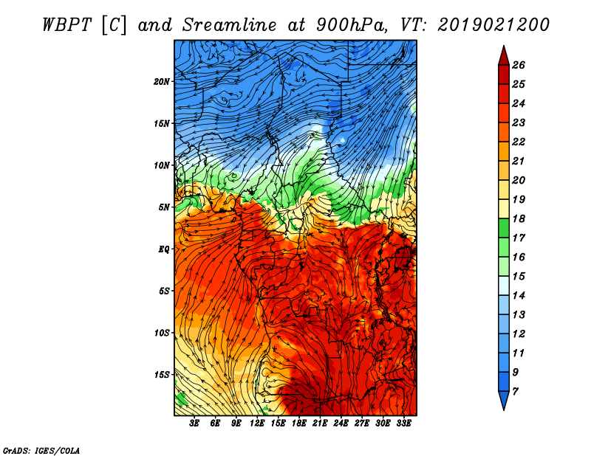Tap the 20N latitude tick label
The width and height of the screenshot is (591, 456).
point(162,81)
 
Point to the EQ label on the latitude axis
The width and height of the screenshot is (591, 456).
point(164,249)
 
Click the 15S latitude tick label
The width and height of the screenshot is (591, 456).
point(162,374)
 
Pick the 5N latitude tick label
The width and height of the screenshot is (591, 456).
point(164,207)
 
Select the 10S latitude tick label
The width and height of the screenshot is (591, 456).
point(162,333)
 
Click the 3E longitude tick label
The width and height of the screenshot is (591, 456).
point(195,424)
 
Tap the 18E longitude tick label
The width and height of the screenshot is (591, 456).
point(299,424)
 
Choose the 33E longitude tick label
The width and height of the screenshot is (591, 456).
point(403,424)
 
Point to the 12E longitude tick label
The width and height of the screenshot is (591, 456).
point(257,424)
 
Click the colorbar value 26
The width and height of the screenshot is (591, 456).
point(518,65)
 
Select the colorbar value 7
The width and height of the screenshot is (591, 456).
point(515,391)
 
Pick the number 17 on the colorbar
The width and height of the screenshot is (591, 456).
point(518,238)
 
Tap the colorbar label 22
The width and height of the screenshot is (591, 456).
point(518,142)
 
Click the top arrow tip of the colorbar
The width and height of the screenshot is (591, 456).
point(502,49)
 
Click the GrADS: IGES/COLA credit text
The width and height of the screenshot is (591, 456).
point(41,449)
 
